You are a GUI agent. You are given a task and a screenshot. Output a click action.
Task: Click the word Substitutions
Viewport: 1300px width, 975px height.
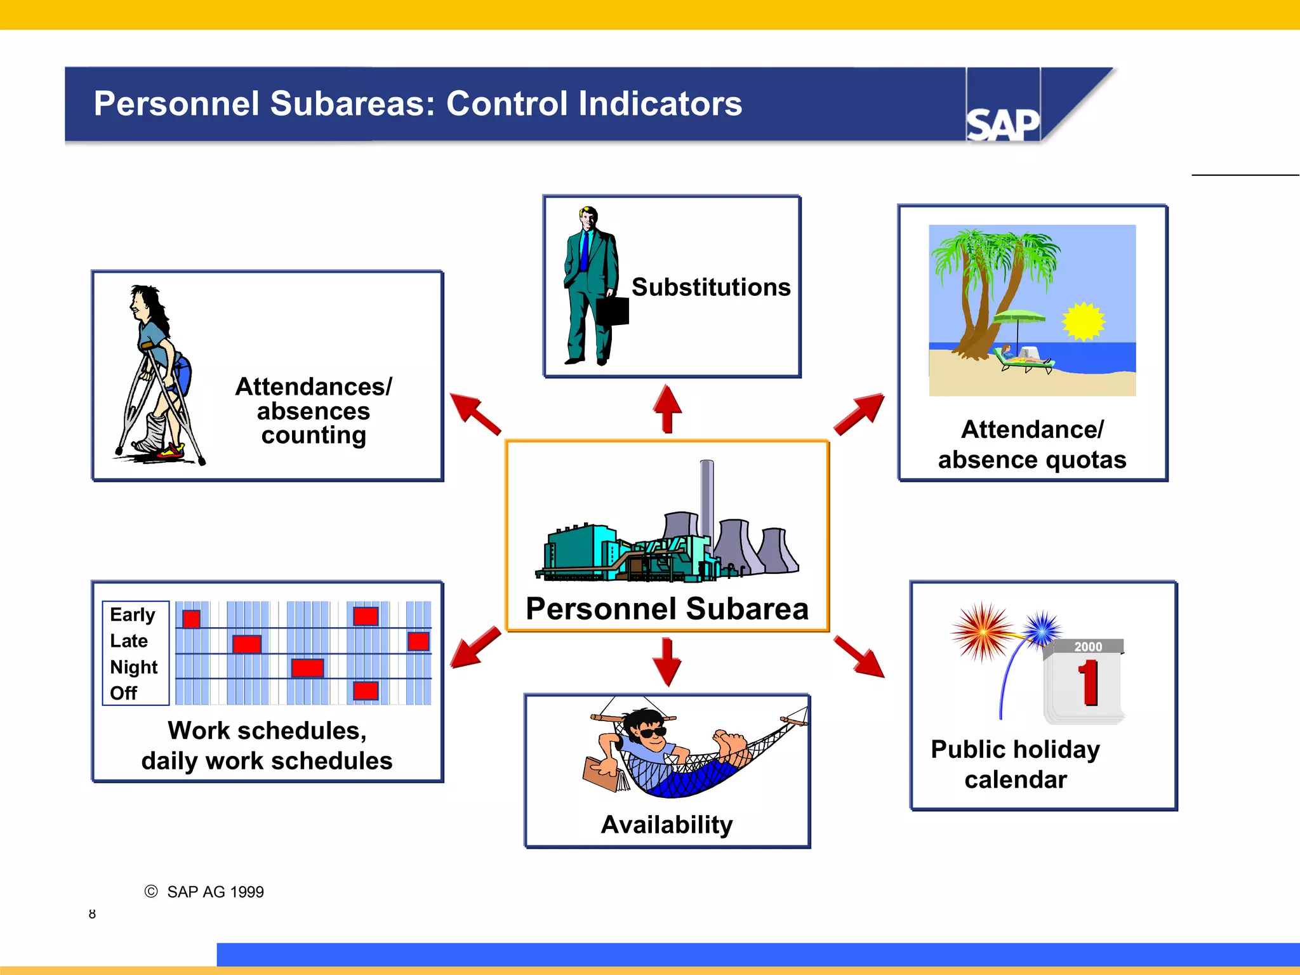711,288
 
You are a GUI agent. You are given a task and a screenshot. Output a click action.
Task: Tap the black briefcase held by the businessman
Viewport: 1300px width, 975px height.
613,311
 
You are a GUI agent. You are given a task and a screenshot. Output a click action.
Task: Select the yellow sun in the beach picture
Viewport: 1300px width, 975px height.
1084,321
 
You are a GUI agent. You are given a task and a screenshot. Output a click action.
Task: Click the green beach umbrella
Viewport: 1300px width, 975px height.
1019,316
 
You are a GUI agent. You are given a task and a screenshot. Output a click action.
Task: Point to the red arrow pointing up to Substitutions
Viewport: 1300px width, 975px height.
667,408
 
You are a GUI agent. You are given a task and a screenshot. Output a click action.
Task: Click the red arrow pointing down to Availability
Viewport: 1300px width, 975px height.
667,661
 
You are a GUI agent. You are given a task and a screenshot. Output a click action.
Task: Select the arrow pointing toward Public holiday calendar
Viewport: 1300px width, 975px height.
860,656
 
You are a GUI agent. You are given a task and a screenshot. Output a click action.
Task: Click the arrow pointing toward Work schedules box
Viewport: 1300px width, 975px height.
475,647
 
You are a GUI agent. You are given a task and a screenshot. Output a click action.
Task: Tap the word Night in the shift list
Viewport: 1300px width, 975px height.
133,667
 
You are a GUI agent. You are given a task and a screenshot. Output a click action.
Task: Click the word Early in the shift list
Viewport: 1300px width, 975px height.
132,614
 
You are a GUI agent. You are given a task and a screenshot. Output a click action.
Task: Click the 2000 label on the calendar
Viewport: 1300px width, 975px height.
1087,647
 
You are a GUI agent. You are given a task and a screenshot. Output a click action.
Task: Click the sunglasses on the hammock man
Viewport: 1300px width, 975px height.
653,733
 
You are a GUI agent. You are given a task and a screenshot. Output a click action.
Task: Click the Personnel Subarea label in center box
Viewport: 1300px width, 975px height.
667,609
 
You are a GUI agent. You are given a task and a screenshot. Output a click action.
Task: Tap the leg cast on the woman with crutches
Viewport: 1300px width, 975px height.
153,433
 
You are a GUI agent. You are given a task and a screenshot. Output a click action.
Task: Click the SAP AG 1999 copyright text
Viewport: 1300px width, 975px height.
215,892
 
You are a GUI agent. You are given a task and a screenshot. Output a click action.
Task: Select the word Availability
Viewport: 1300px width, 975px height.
667,825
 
